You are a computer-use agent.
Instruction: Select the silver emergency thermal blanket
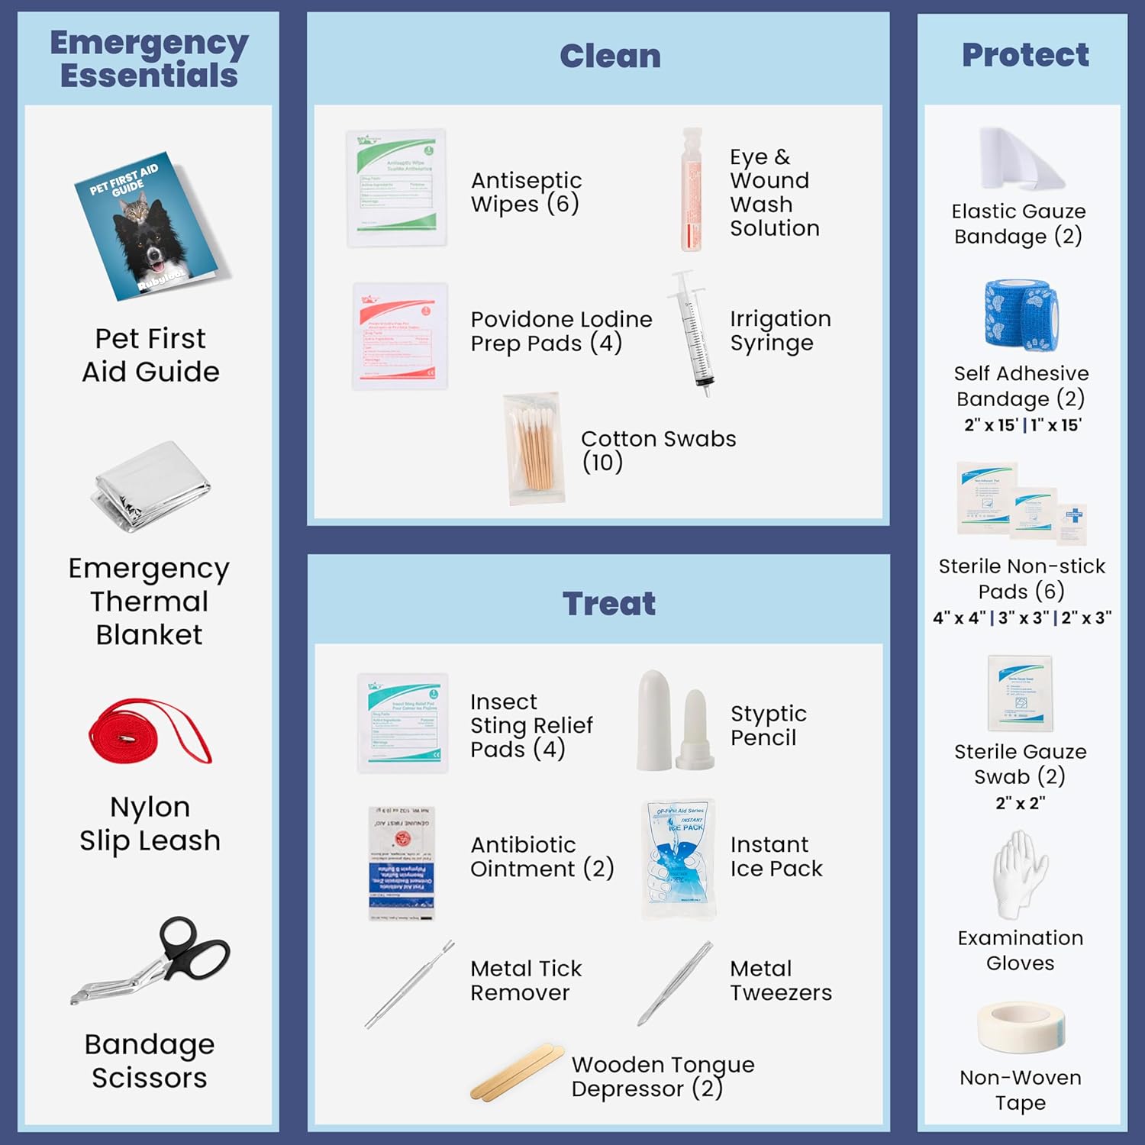150,486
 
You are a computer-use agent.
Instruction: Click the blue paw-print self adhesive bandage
1021,314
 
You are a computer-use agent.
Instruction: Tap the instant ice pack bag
679,859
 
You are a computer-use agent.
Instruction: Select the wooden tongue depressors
517,1072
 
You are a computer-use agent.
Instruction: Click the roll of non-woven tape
1020,1027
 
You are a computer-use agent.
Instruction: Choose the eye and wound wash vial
692,189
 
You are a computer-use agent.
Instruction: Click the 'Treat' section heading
609,604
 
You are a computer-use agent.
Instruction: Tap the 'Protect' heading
1025,55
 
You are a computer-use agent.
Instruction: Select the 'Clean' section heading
610,56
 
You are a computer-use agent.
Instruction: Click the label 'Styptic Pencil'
768,725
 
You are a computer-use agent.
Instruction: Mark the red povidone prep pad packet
400,336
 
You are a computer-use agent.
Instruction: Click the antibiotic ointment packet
402,863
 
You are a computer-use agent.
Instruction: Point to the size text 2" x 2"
1020,803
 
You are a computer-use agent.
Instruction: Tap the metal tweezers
676,982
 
